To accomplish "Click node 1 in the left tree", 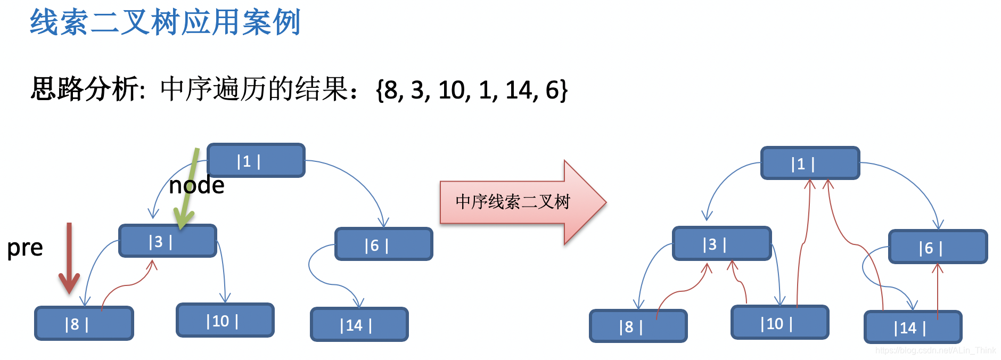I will pos(256,160).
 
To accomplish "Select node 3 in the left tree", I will pos(167,241).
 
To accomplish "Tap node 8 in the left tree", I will pos(84,323).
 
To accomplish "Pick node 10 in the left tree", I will pos(225,321).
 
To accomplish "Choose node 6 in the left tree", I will pos(383,244).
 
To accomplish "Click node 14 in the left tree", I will pos(359,324).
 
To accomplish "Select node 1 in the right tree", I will pos(810,163).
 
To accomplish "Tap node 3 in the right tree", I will pos(721,244).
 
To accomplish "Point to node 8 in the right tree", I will pos(638,326).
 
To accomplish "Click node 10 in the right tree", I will pos(780,323).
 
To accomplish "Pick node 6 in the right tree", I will pos(938,247).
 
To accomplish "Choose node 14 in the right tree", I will pos(913,327).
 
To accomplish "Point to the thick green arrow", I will pos(187,192).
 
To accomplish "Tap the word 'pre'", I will pos(25,248).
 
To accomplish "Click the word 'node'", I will pos(196,186).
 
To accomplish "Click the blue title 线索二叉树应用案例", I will pos(165,22).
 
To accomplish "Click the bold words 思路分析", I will pos(85,89).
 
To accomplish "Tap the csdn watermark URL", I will pos(936,350).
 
